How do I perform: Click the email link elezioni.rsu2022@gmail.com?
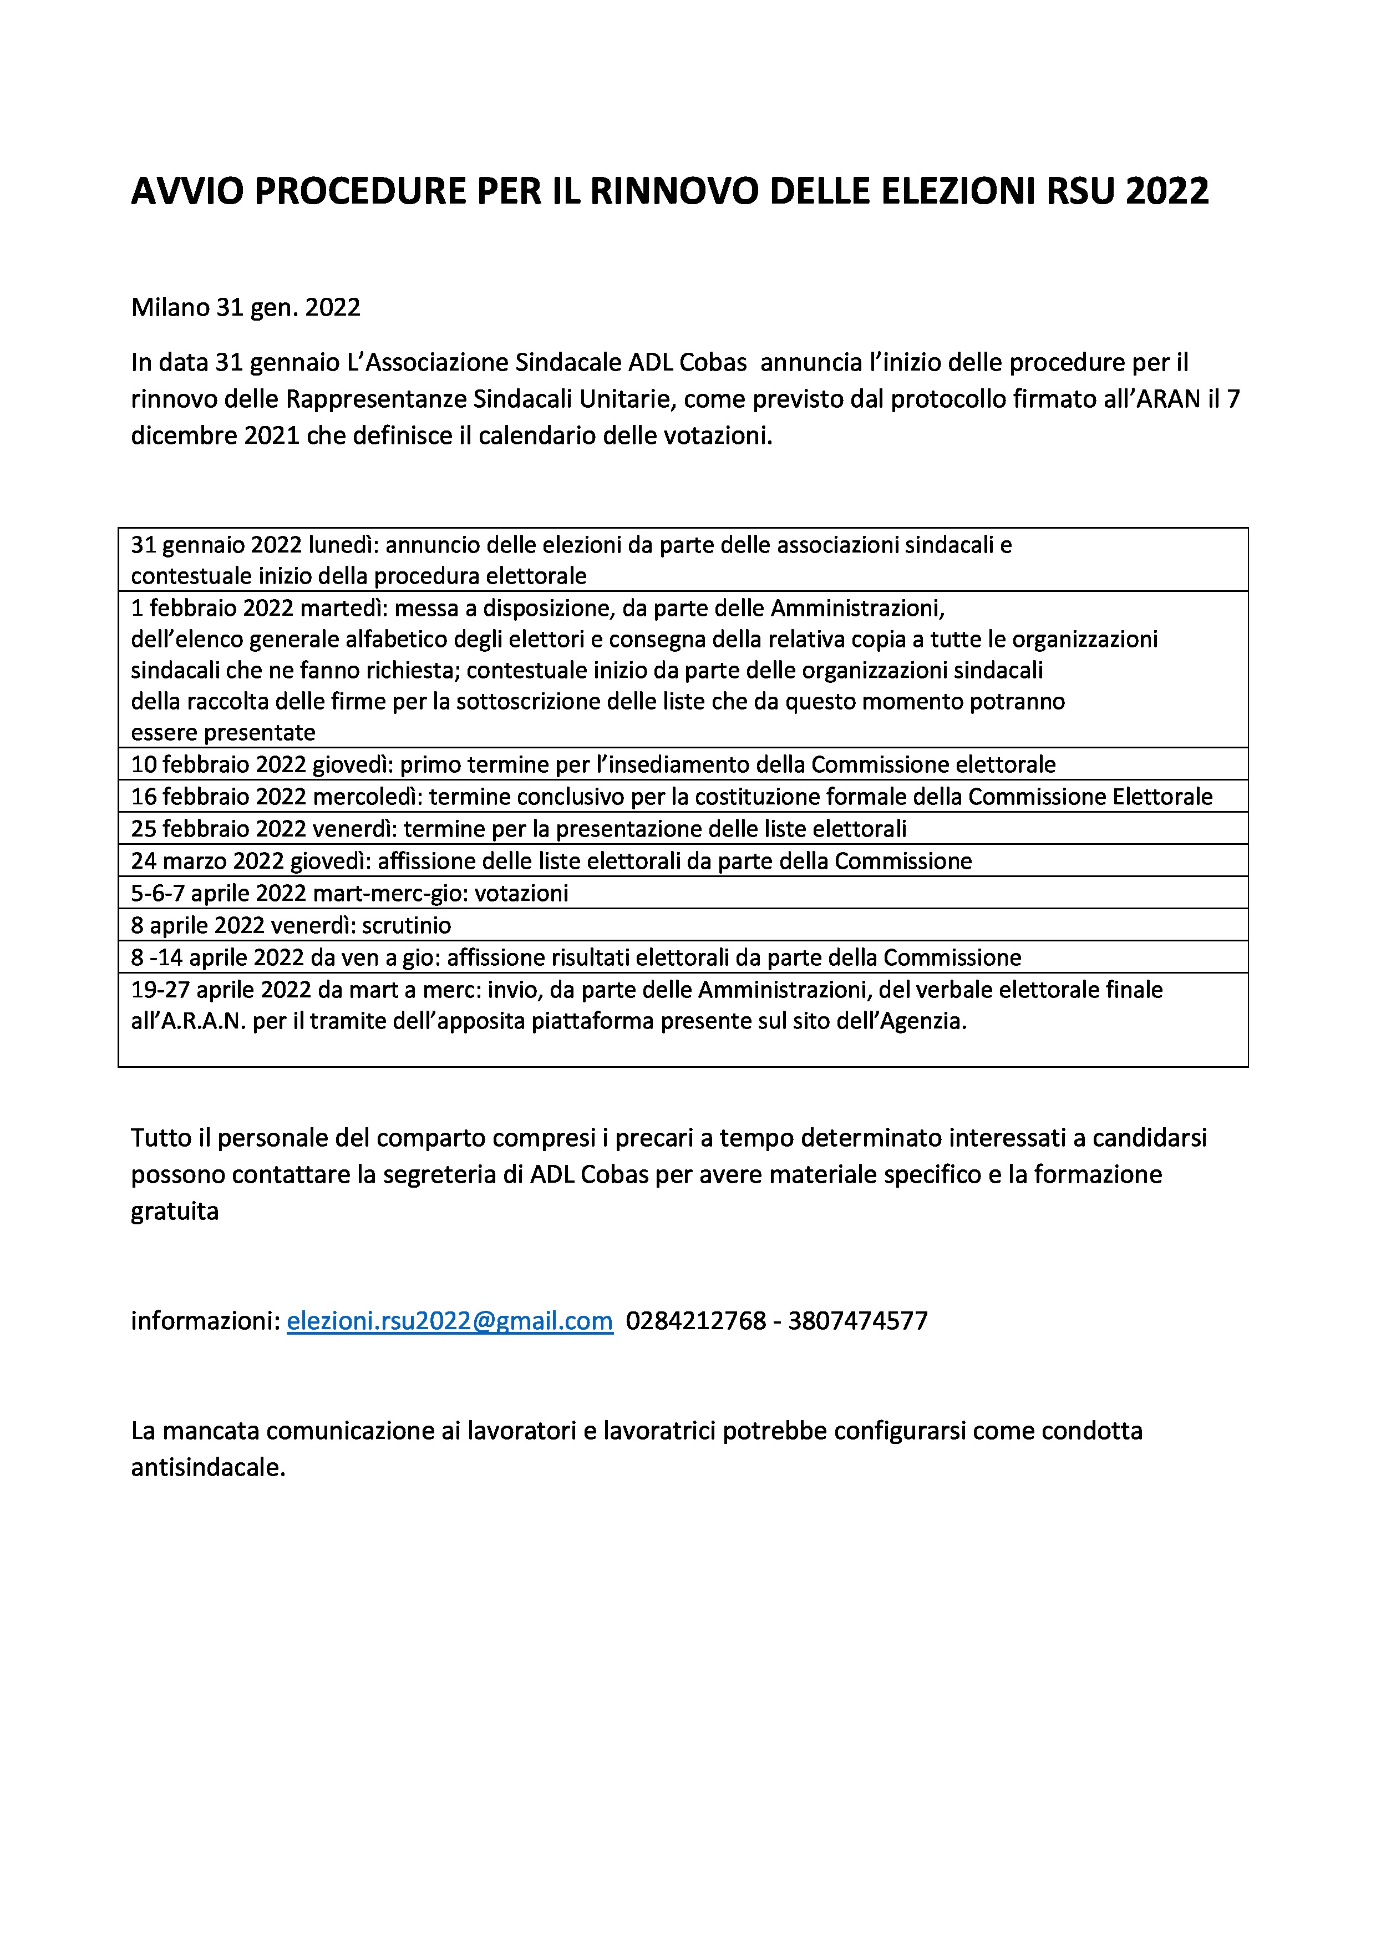449,1320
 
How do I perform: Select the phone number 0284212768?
695,1320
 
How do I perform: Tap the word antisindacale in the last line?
207,1467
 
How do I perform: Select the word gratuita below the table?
175,1211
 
